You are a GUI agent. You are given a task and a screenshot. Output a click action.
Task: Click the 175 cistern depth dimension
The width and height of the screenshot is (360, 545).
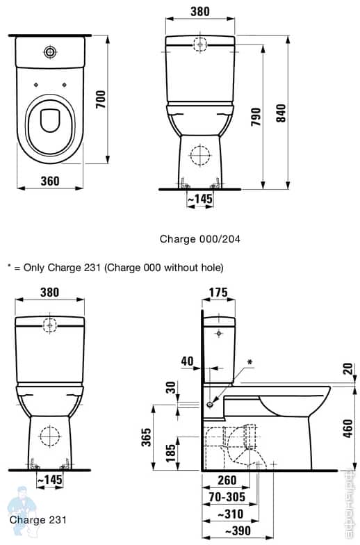coord(219,292)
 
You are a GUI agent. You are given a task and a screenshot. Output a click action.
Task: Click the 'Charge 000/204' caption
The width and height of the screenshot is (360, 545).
coord(200,238)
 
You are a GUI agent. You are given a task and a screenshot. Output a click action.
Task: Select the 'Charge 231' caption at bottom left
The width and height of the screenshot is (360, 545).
coord(38,519)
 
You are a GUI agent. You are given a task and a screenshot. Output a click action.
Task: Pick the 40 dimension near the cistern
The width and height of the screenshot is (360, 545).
coord(186,361)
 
